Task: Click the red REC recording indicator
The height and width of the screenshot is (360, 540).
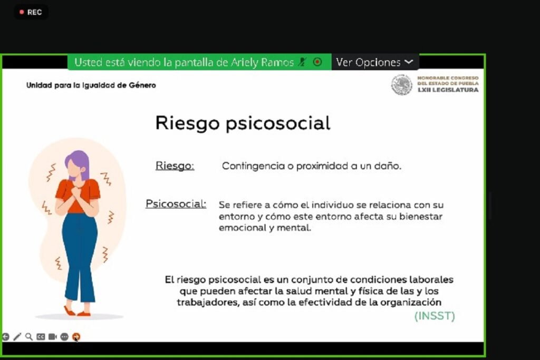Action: (31, 12)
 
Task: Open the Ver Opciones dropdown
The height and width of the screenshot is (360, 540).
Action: (374, 62)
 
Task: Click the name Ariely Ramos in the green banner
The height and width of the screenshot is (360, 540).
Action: (262, 62)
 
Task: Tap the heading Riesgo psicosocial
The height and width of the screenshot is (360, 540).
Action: (243, 123)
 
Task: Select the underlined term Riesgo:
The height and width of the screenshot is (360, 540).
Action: (175, 166)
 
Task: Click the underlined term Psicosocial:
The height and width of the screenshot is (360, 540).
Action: (176, 203)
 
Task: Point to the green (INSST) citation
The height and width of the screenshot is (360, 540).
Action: (435, 316)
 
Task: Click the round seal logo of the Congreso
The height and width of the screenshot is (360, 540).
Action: (402, 85)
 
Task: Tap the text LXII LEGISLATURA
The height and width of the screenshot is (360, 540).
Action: (448, 90)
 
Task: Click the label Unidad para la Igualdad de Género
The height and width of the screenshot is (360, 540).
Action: (91, 85)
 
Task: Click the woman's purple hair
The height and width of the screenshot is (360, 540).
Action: (78, 162)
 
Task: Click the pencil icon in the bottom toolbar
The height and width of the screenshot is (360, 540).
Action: (17, 337)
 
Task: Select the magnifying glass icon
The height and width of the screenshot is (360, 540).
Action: (29, 337)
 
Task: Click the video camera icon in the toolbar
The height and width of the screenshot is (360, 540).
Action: (52, 337)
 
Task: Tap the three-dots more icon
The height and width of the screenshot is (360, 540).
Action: (64, 337)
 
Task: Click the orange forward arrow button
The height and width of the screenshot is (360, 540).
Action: (76, 337)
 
